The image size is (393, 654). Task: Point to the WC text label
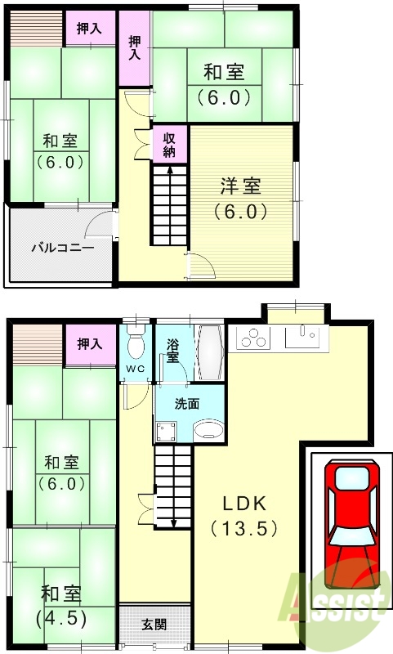tap(136, 368)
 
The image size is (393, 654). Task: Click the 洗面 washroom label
tap(186, 403)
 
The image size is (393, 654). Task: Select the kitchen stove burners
tap(254, 337)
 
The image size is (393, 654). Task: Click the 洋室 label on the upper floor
tap(241, 186)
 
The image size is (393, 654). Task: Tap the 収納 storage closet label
tap(169, 145)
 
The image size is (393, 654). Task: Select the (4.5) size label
tap(61, 617)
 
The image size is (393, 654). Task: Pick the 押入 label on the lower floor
tap(90, 344)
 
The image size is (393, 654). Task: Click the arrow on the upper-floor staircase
tap(169, 170)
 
